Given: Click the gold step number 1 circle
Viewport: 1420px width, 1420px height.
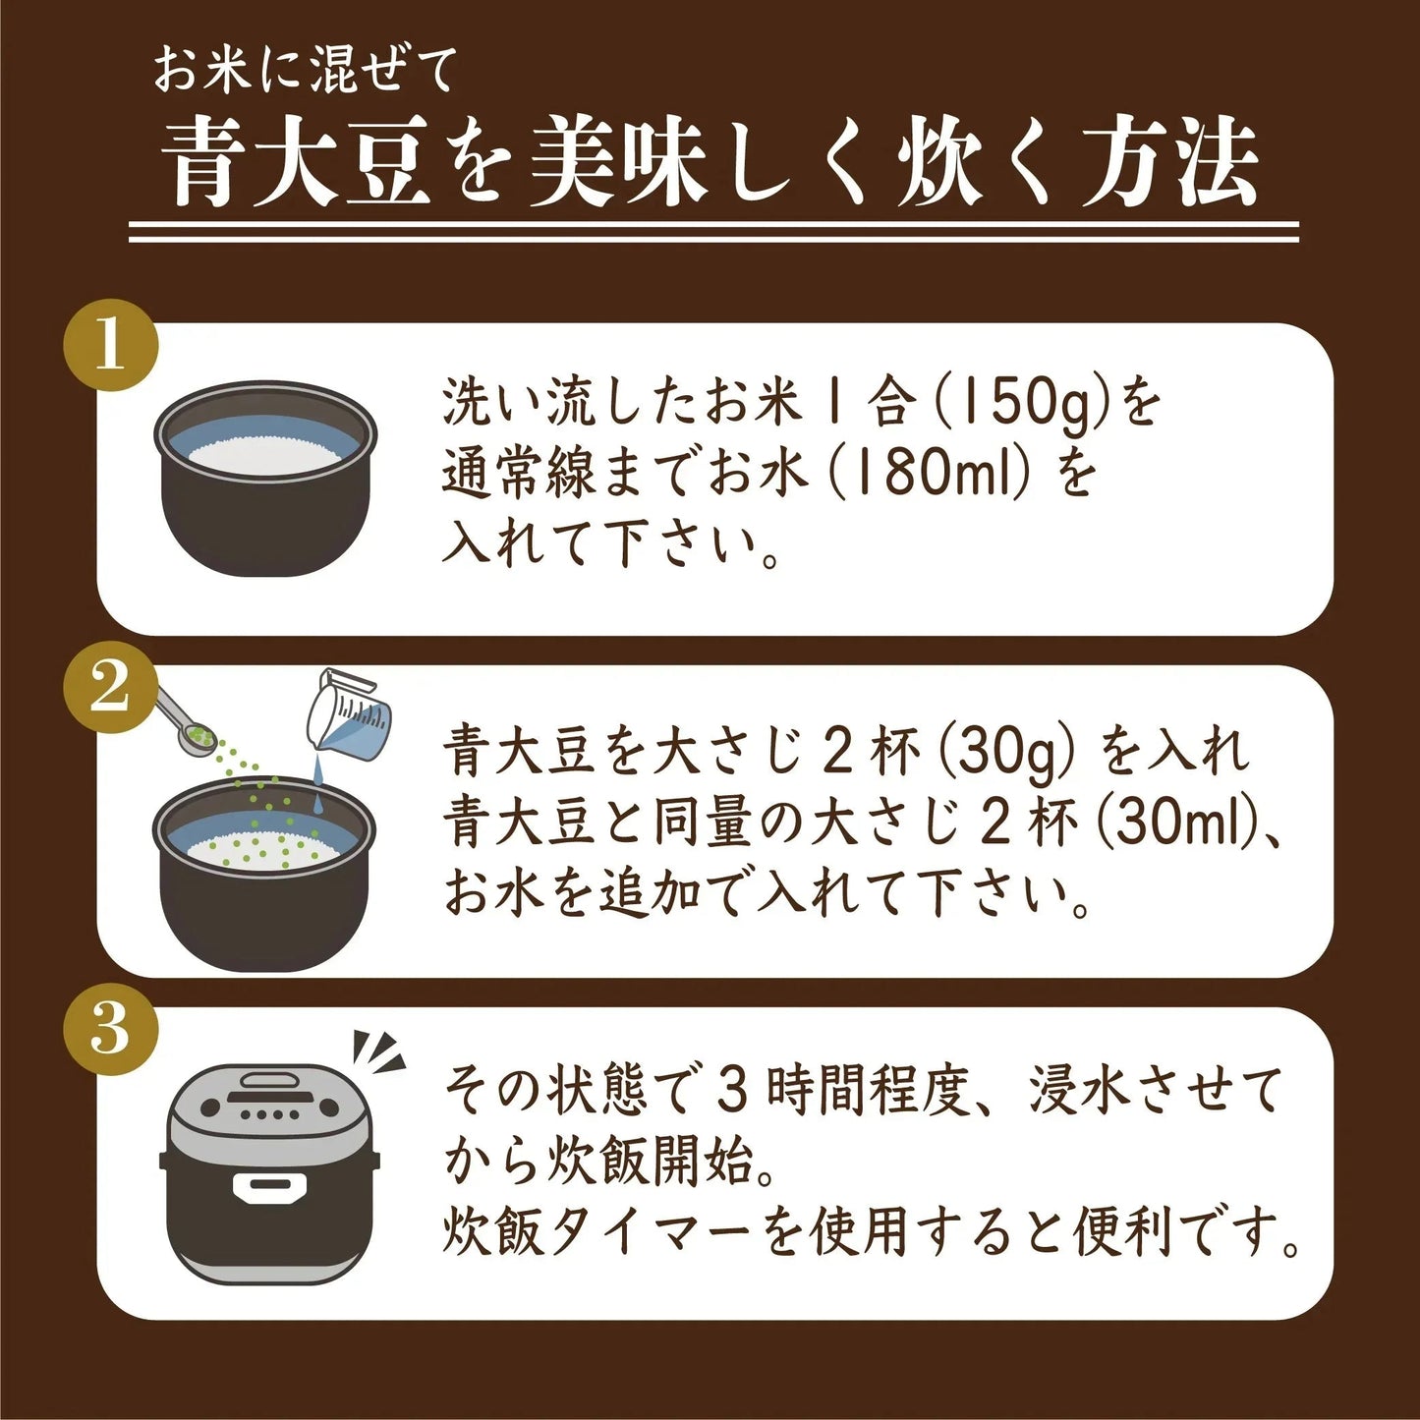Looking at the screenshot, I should point(110,345).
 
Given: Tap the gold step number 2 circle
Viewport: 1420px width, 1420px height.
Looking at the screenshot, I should point(110,687).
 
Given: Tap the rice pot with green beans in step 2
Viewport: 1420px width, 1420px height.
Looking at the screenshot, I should point(265,870).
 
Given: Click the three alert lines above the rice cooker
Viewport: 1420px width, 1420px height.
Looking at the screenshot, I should point(378,1052).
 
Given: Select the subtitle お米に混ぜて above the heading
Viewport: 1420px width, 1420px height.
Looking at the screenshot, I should point(305,72).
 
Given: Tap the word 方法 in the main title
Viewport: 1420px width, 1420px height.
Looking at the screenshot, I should point(1169,164).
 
